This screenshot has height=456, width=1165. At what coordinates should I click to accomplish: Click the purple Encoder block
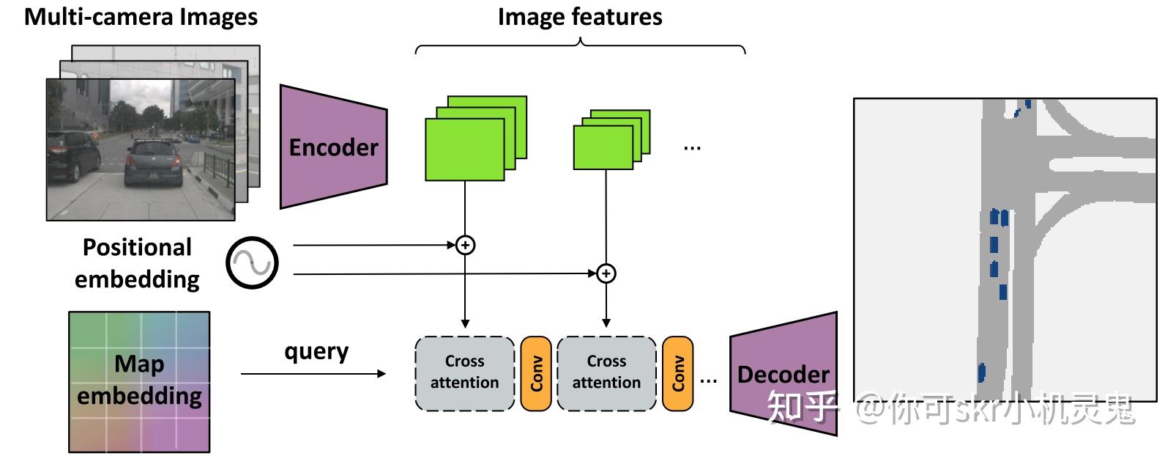pyautogui.click(x=333, y=147)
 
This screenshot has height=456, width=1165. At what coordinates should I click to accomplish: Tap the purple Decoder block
pyautogui.click(x=784, y=374)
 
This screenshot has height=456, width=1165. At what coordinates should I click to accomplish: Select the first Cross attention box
pyautogui.click(x=464, y=373)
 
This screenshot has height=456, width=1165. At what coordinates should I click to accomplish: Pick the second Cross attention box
pyautogui.click(x=606, y=373)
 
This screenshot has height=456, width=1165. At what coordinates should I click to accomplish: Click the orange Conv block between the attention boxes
pyautogui.click(x=536, y=373)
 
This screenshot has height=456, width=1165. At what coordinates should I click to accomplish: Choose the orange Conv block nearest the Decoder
pyautogui.click(x=677, y=373)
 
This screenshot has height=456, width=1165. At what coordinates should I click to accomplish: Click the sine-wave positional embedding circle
pyautogui.click(x=252, y=263)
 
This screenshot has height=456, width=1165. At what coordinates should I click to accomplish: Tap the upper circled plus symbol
pyautogui.click(x=465, y=245)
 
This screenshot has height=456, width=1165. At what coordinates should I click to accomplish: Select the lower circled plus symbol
pyautogui.click(x=606, y=273)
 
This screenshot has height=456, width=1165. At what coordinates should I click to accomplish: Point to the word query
pyautogui.click(x=316, y=353)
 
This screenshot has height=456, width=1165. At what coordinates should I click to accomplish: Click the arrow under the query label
pyautogui.click(x=313, y=373)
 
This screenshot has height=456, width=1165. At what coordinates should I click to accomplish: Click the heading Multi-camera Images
pyautogui.click(x=141, y=17)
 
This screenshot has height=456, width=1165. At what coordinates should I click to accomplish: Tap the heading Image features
pyautogui.click(x=580, y=17)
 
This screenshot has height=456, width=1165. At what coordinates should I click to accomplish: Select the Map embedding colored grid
pyautogui.click(x=139, y=382)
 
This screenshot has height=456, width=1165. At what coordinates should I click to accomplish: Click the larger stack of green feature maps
pyautogui.click(x=476, y=138)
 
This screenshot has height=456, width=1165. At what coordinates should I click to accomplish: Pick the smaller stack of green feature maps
pyautogui.click(x=611, y=139)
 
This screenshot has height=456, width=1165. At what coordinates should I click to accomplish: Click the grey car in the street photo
pyautogui.click(x=154, y=162)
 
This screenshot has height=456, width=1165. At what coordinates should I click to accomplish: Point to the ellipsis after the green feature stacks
pyautogui.click(x=692, y=148)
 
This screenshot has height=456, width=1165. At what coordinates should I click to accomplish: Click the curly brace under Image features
pyautogui.click(x=581, y=45)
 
